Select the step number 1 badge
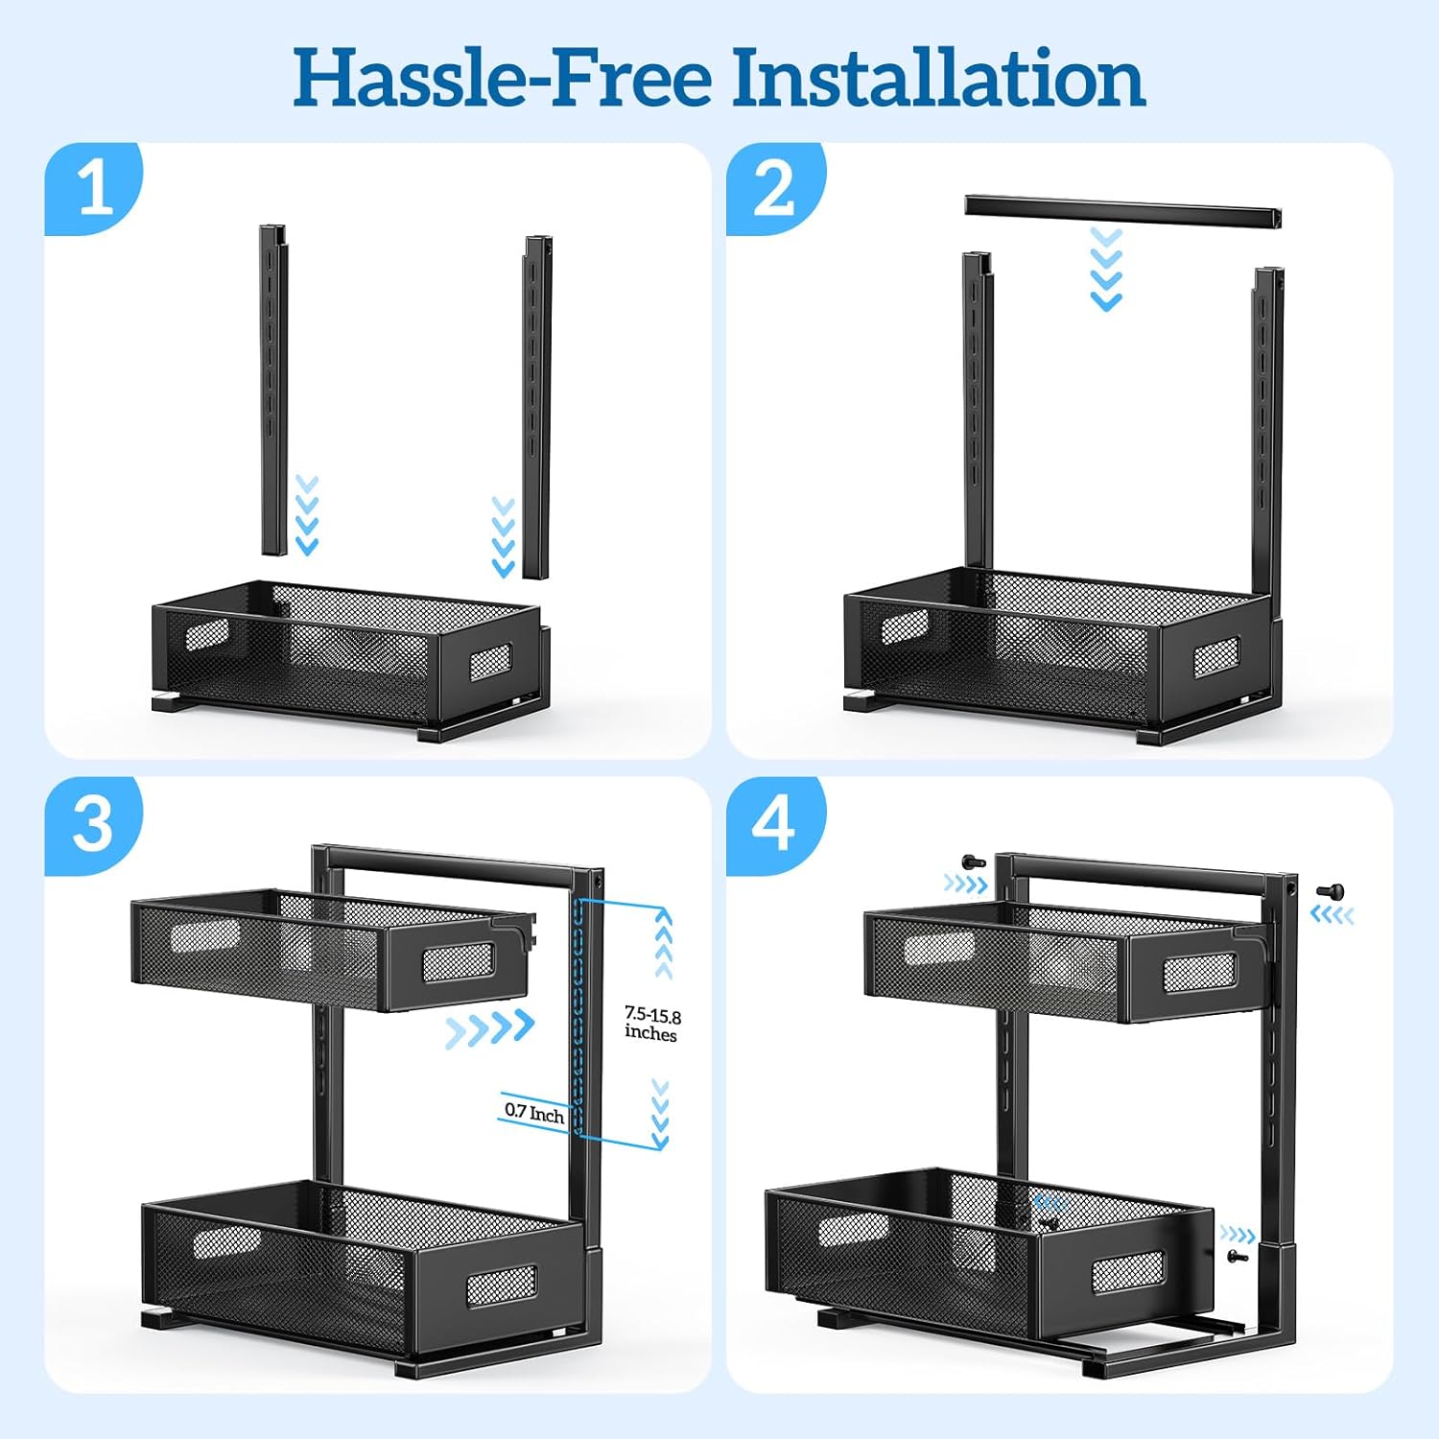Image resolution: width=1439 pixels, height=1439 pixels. pos(93,188)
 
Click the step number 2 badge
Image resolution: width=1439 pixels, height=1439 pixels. pos(775,188)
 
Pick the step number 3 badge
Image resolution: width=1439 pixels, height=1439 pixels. pos(93,824)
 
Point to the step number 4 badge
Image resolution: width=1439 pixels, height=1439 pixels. pos(775,824)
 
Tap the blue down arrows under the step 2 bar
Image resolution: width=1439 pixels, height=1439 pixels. pos(1107,270)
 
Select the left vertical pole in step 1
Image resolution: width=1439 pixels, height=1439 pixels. pos(273,390)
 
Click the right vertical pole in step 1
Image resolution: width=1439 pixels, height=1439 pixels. pos(537,407)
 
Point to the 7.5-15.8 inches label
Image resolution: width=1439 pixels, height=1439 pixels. pos(652,1024)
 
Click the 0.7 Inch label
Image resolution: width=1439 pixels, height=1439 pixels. pos(534,1113)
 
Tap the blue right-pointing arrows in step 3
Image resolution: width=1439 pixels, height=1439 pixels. pos(490,1029)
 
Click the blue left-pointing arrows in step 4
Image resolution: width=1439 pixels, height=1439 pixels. pos(1333,915)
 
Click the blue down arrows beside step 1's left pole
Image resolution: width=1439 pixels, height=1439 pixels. pos(306,515)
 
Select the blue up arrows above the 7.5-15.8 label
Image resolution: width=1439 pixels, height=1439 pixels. pos(663,944)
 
